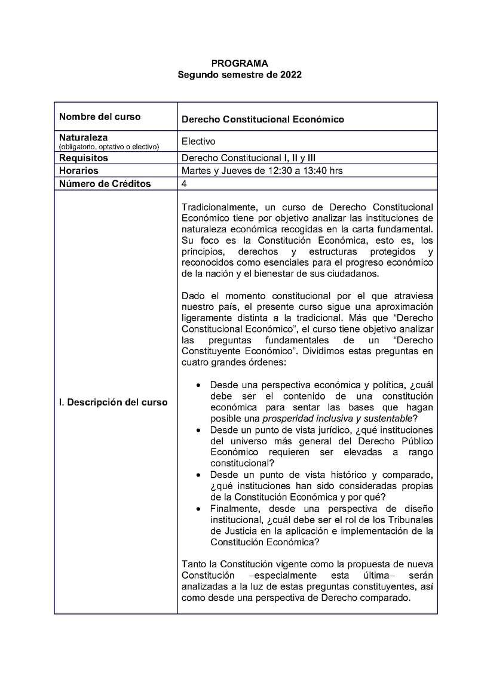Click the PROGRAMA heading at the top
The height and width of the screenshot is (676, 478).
click(240, 63)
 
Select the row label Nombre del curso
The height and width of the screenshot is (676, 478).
click(100, 116)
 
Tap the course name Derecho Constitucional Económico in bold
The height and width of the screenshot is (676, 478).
click(262, 119)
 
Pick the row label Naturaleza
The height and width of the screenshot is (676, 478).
click(83, 137)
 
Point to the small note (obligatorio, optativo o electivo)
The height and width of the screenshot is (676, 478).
click(109, 147)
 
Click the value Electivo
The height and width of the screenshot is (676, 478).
click(198, 142)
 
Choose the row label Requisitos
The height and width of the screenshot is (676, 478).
click(84, 158)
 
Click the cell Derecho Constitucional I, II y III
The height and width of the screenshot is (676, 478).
click(249, 158)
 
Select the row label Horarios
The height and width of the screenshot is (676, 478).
click(79, 171)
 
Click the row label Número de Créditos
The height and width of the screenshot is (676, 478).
click(105, 184)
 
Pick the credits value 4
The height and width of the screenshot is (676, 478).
click(184, 184)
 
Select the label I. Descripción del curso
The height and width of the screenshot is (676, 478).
click(113, 402)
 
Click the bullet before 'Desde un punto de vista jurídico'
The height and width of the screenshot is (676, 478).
click(198, 430)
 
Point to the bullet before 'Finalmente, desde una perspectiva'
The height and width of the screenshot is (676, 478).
click(198, 508)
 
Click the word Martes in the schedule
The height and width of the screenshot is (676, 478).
click(196, 171)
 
